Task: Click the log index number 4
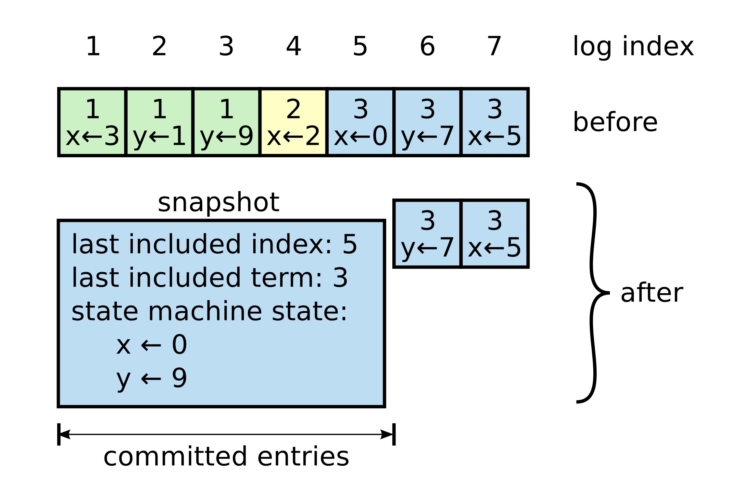pyautogui.click(x=293, y=46)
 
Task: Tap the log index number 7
pyautogui.click(x=494, y=46)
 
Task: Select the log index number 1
pyautogui.click(x=93, y=46)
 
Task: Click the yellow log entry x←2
pyautogui.click(x=293, y=122)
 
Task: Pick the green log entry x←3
pyautogui.click(x=93, y=122)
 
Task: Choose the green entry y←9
pyautogui.click(x=226, y=122)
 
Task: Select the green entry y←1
pyautogui.click(x=159, y=122)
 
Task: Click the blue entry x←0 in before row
pyautogui.click(x=360, y=122)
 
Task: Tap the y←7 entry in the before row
pyautogui.click(x=427, y=122)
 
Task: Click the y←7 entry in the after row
pyautogui.click(x=427, y=234)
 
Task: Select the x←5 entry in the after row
pyautogui.click(x=494, y=234)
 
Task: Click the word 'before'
pyautogui.click(x=615, y=122)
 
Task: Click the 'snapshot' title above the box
pyautogui.click(x=218, y=202)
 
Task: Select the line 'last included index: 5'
pyautogui.click(x=214, y=244)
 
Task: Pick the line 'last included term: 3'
pyautogui.click(x=209, y=278)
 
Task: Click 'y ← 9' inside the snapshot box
pyautogui.click(x=152, y=378)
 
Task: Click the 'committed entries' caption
pyautogui.click(x=226, y=457)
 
